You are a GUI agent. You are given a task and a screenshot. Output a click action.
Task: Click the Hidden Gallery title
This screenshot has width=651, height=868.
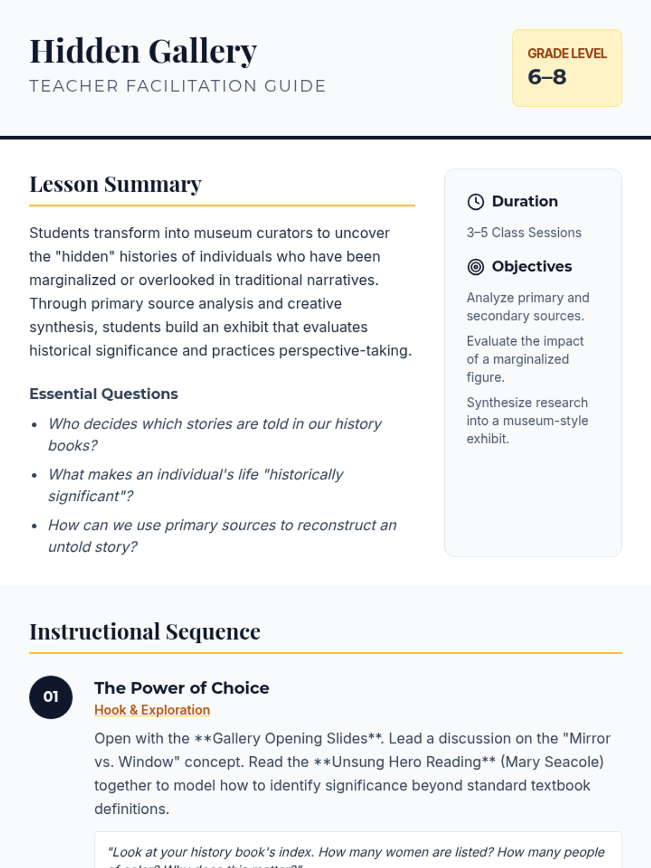(x=143, y=52)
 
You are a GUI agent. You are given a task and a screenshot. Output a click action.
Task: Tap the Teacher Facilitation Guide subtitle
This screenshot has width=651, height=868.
(x=177, y=86)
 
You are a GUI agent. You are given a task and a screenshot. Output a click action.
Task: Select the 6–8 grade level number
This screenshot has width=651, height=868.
(x=547, y=77)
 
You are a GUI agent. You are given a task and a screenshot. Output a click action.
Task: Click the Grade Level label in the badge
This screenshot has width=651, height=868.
(x=567, y=54)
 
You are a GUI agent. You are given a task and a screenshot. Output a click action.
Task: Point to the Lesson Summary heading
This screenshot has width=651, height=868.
(x=116, y=184)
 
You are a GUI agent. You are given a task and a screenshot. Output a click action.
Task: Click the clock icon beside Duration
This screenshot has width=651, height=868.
(x=476, y=202)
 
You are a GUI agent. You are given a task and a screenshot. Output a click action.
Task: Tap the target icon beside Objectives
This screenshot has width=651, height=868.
(x=476, y=267)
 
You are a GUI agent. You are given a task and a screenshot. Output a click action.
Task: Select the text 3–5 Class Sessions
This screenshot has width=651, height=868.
(x=524, y=233)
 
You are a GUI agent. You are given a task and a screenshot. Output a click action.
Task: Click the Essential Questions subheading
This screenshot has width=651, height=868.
(x=104, y=394)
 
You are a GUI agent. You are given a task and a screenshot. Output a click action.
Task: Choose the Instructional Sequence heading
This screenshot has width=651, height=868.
(x=145, y=632)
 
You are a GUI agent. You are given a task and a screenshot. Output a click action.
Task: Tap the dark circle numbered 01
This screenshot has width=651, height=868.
(x=51, y=697)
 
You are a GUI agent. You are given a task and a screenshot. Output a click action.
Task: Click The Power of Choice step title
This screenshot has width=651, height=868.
(x=182, y=688)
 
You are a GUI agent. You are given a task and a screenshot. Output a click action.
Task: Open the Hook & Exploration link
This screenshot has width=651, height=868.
(x=152, y=710)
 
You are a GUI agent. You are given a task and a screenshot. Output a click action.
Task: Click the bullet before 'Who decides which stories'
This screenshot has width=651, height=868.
(x=35, y=425)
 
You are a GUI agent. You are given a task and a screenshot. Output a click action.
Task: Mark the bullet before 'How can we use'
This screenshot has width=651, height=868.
(x=35, y=526)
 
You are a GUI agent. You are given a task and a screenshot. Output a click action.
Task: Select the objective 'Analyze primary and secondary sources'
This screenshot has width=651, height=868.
(x=527, y=307)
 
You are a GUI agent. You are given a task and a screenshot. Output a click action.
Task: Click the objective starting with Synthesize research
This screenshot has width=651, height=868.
(x=527, y=420)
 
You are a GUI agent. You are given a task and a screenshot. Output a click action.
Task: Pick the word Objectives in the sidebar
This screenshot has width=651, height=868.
(x=532, y=267)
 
